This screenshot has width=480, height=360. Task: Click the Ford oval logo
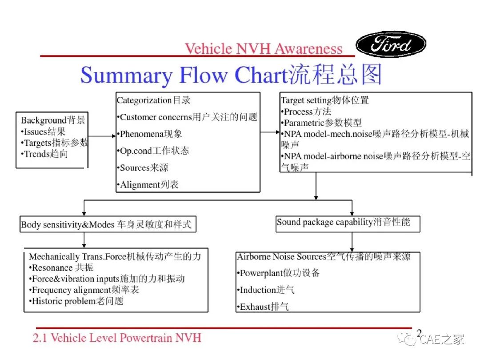pos(391,44)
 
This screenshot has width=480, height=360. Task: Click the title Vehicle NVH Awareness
pos(264,49)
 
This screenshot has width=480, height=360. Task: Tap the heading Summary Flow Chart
pos(231,75)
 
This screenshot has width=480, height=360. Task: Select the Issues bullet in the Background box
pos(43,132)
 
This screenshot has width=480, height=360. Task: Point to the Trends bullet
pos(44,154)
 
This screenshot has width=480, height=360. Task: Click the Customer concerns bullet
pos(187,117)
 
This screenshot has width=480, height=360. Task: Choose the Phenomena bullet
pos(150,134)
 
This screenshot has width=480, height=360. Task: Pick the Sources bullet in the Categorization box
pos(143,168)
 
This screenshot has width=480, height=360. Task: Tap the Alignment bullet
pos(148,184)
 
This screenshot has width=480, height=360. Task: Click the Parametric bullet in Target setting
pos(321,123)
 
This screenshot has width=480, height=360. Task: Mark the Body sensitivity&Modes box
pos(108,224)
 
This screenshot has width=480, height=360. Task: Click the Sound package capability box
pos(348,224)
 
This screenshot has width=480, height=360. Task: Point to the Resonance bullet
pos(61,268)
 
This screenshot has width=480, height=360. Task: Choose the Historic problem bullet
pos(76,301)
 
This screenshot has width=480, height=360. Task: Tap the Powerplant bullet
pos(278,273)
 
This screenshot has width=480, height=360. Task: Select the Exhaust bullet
pos(263,306)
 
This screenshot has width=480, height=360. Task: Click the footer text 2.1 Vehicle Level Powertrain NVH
pos(117,338)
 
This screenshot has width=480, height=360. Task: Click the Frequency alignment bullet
pos(84,290)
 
